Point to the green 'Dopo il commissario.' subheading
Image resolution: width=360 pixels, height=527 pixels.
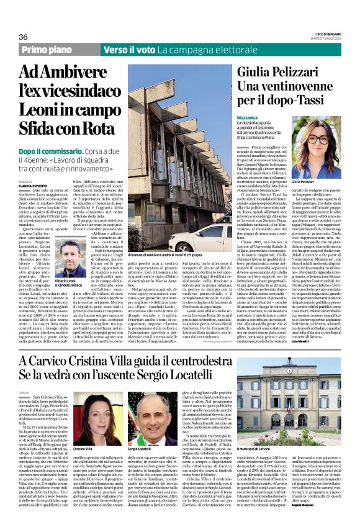point(57,151)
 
